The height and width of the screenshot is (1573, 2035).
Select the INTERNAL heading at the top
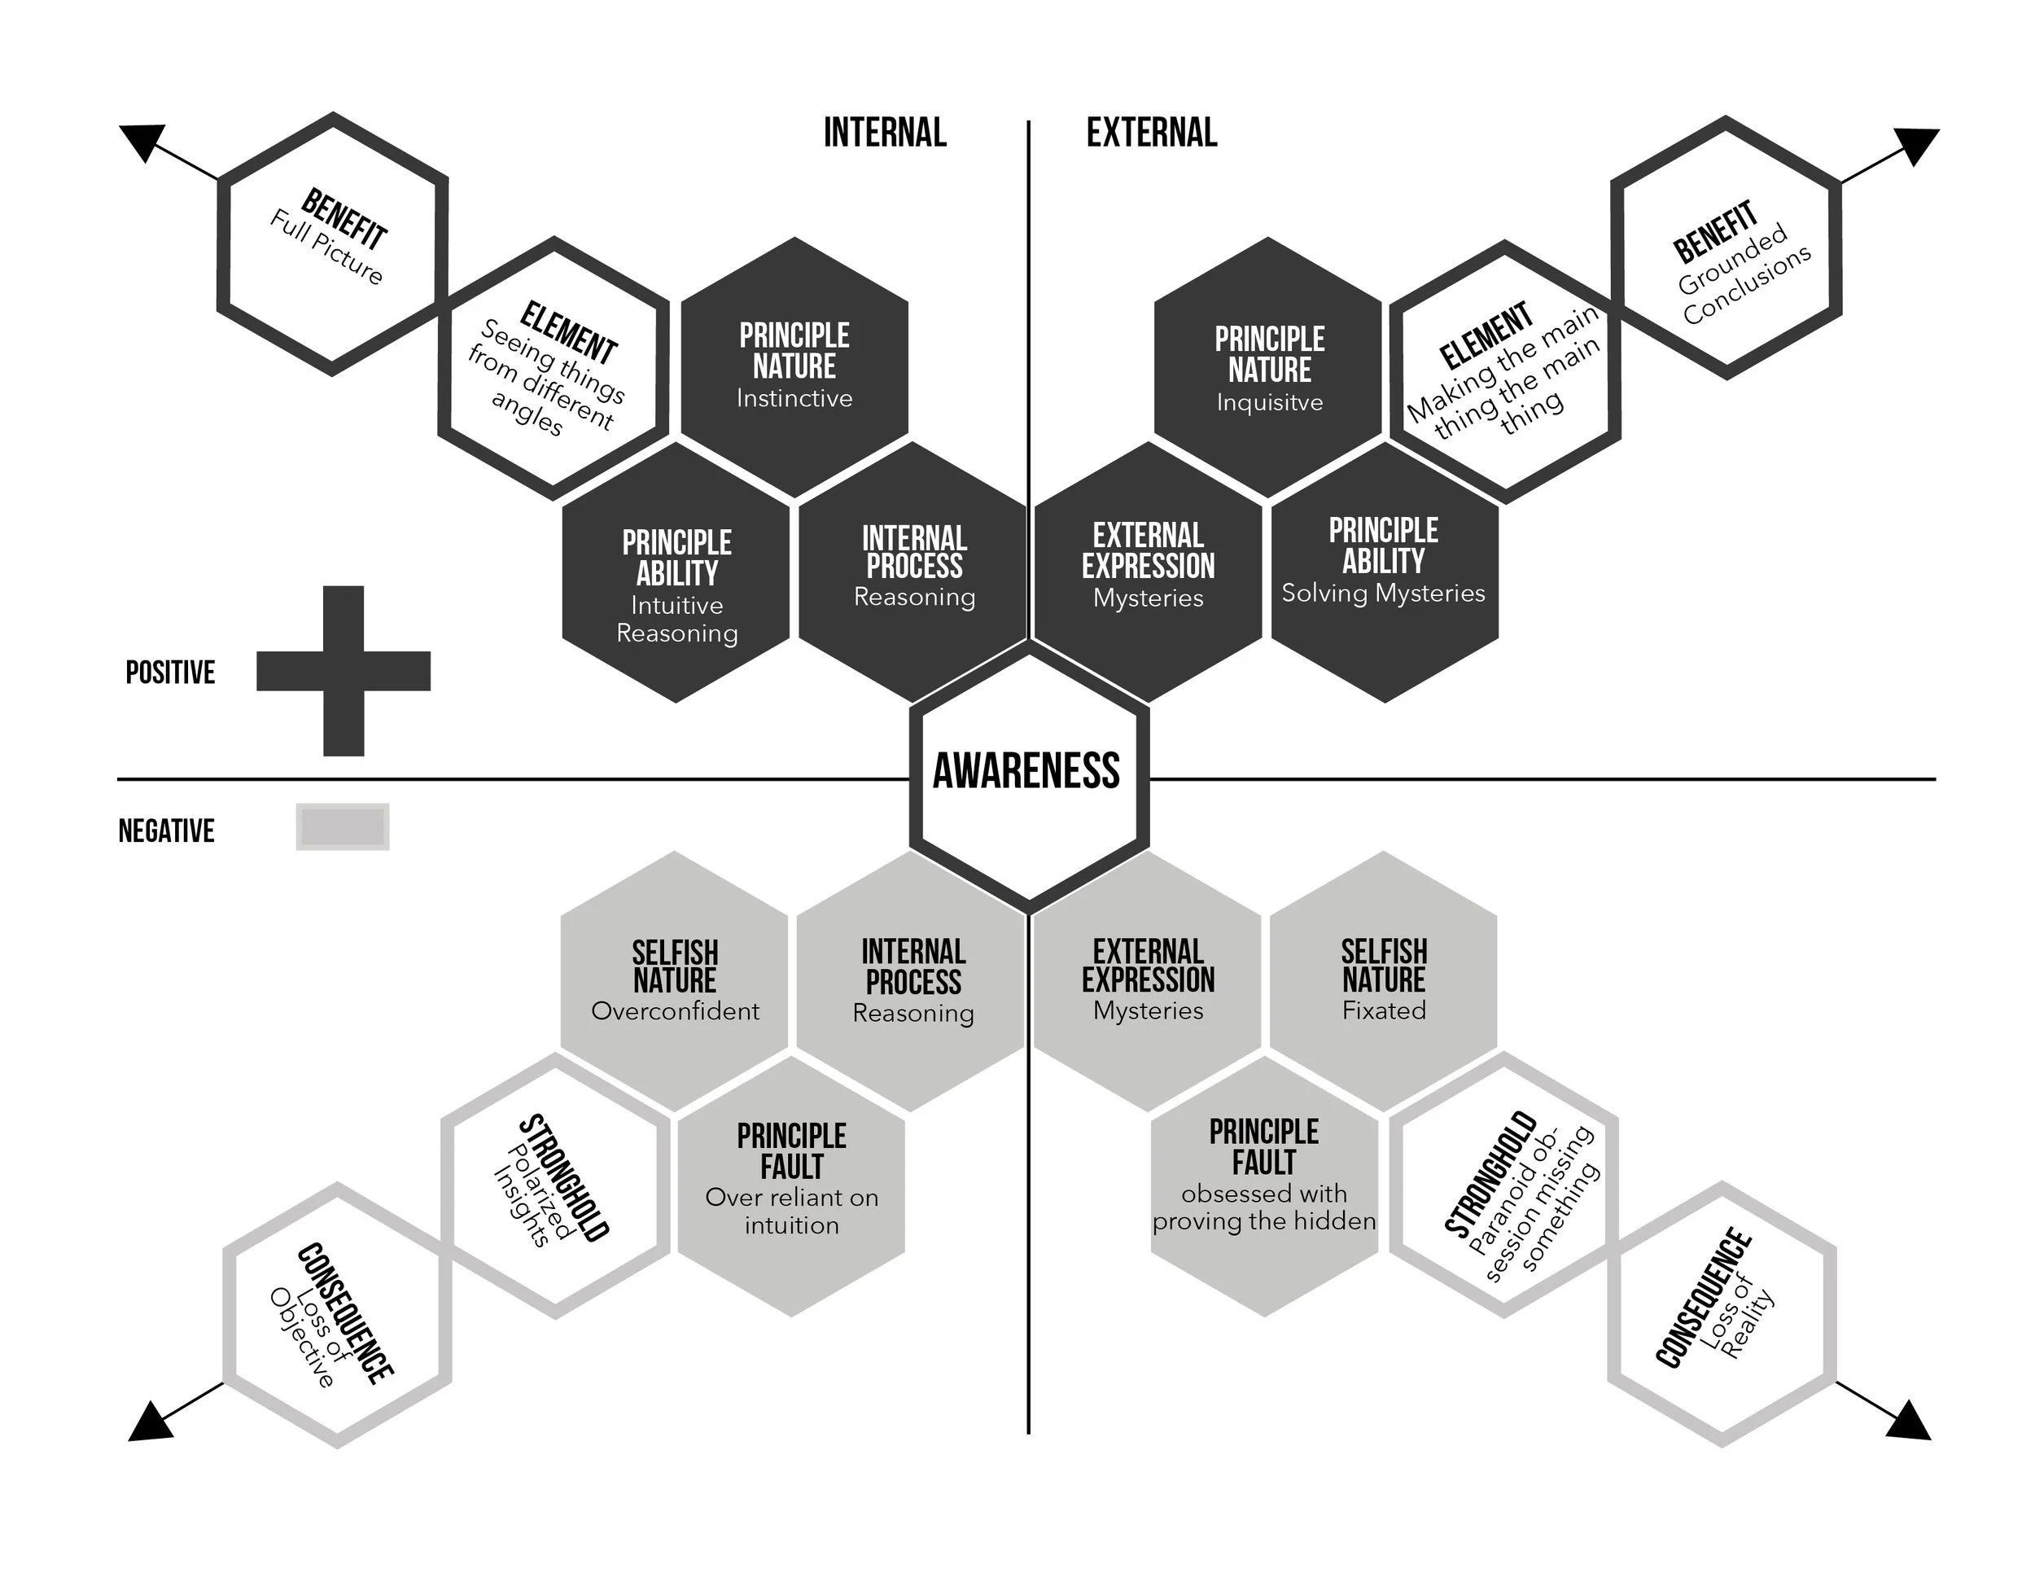click(884, 133)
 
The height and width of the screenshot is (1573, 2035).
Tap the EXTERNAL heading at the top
click(1152, 133)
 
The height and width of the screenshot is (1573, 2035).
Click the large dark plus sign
click(343, 671)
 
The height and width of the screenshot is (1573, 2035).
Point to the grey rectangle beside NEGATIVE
click(342, 826)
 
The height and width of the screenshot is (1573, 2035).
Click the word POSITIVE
click(170, 672)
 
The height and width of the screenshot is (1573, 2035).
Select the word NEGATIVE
click(166, 830)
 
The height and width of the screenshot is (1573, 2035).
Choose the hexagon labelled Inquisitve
click(1268, 368)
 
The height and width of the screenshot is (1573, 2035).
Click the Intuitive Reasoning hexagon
click(676, 574)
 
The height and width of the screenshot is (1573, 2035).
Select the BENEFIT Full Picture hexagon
click(333, 244)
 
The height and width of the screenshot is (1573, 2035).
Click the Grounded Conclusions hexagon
click(1726, 248)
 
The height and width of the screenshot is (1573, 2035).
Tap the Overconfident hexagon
click(675, 980)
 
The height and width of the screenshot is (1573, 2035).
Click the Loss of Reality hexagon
click(1722, 1314)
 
